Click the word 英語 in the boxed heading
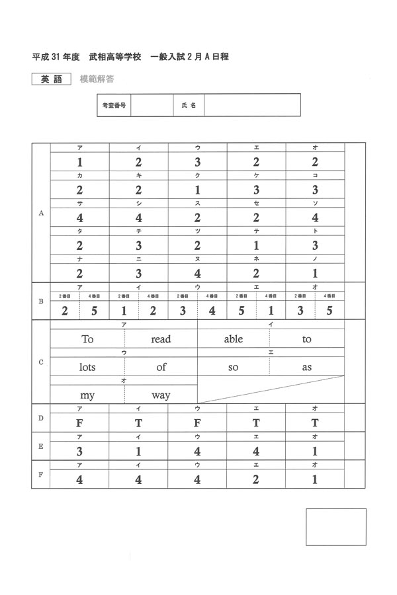pyautogui.click(x=51, y=79)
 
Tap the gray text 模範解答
pyautogui.click(x=97, y=79)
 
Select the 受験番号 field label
pyautogui.click(x=114, y=105)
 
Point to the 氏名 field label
pyautogui.click(x=189, y=105)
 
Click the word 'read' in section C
pyautogui.click(x=161, y=339)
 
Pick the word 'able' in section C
pyautogui.click(x=233, y=339)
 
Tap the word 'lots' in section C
pyautogui.click(x=88, y=367)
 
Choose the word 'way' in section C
pyautogui.click(x=161, y=395)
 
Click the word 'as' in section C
pyautogui.click(x=306, y=367)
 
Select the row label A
pyautogui.click(x=41, y=213)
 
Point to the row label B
pyautogui.click(x=41, y=301)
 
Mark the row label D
pyautogui.click(x=41, y=418)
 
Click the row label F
pyautogui.click(x=41, y=475)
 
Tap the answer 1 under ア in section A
pyautogui.click(x=79, y=162)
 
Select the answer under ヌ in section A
pyautogui.click(x=197, y=273)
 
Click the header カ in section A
pyautogui.click(x=79, y=175)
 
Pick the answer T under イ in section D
pyautogui.click(x=138, y=423)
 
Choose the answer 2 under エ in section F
pyautogui.click(x=256, y=480)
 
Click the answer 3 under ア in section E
pyautogui.click(x=79, y=452)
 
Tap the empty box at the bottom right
pyautogui.click(x=335, y=526)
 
